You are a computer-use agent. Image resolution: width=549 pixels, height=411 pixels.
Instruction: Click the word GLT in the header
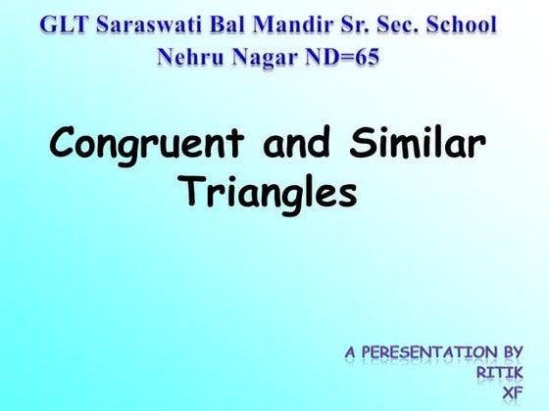tap(66, 23)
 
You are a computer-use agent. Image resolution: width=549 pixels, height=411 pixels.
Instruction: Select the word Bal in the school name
tap(226, 23)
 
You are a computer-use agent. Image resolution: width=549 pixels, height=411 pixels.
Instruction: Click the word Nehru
tap(192, 58)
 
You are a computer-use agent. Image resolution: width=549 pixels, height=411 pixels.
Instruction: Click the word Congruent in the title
tap(148, 146)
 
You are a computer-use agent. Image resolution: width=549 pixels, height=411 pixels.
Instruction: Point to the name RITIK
tap(500, 372)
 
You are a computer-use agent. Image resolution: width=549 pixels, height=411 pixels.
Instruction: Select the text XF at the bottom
tap(512, 392)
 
